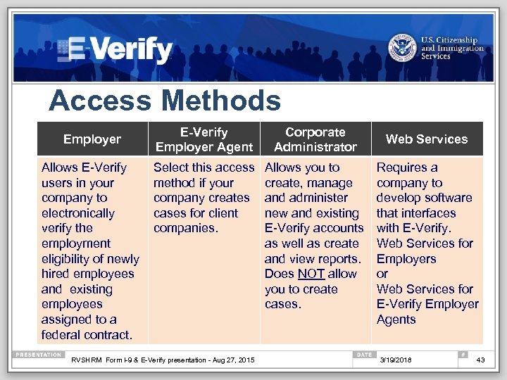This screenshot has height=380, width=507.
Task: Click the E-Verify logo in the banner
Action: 116,49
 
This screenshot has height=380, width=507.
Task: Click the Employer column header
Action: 92,139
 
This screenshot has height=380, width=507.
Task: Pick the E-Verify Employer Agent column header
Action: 204,139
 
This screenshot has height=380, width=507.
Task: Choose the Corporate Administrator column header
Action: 315,139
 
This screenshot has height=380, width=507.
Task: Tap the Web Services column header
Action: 427,139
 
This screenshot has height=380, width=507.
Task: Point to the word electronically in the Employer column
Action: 77,213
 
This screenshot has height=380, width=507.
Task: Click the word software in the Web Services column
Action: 448,198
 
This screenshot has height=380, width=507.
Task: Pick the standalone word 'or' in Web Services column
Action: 382,274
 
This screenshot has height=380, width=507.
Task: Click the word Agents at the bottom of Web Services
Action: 396,319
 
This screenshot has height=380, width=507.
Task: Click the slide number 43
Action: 480,361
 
